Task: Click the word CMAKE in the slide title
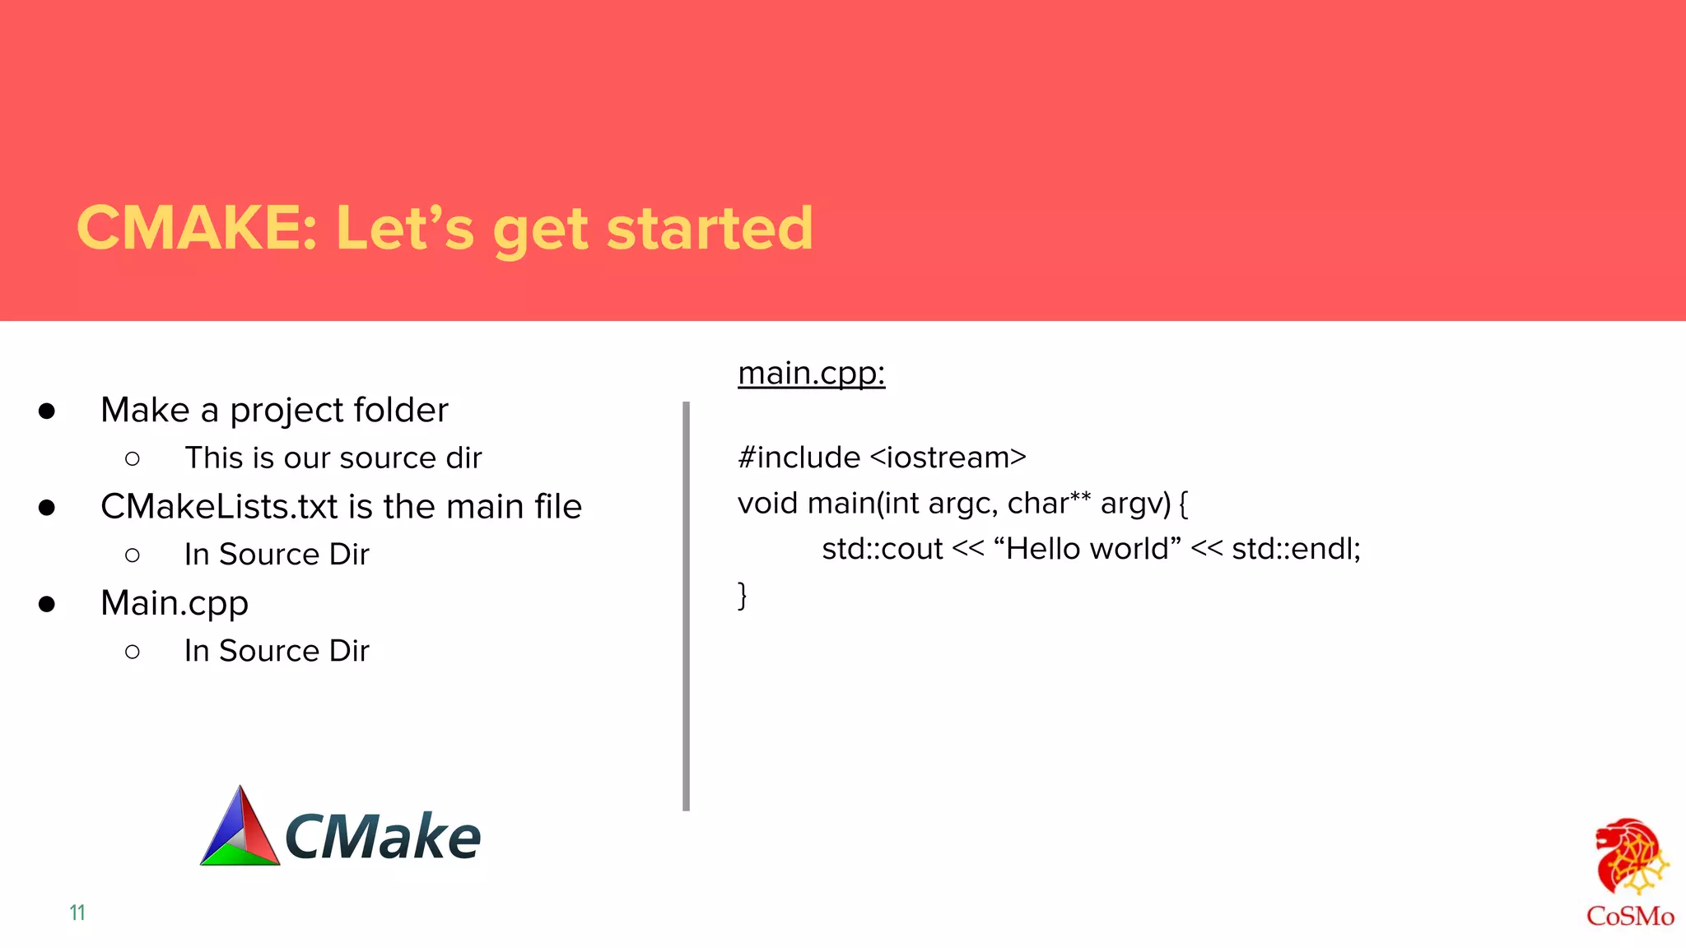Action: pos(196,228)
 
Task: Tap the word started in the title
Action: pos(710,228)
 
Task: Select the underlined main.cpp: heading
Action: pos(811,373)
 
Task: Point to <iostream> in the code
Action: pos(948,458)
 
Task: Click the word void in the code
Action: pos(767,503)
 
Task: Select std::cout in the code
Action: pos(882,549)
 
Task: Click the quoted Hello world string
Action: pos(1088,548)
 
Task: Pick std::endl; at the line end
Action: pos(1296,549)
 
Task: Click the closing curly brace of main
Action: pos(742,594)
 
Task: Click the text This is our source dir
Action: pos(333,458)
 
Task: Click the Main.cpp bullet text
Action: pos(174,603)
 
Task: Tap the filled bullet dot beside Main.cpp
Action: pos(47,605)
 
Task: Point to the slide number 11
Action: pos(77,913)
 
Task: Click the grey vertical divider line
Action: pos(686,606)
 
